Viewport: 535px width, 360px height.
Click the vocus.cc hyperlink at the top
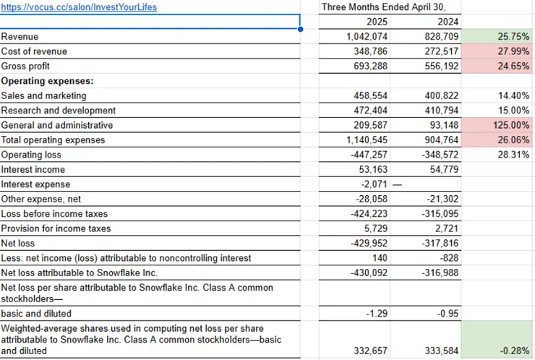tap(79, 7)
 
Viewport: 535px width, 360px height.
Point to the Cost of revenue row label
tap(34, 51)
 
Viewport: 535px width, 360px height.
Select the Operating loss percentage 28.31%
tap(514, 155)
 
